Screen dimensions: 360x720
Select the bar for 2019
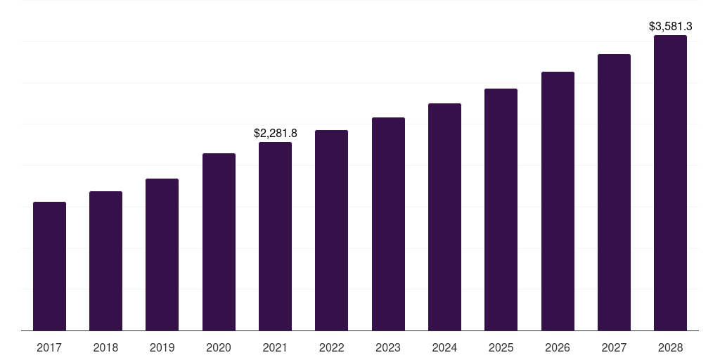pos(162,255)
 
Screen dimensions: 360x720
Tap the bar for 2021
pos(275,236)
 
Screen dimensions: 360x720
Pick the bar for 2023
pos(388,224)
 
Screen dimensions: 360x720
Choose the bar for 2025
pos(501,210)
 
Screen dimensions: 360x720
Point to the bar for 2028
pos(670,183)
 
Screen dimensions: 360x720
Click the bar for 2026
pos(558,201)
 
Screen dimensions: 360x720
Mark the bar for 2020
pos(219,242)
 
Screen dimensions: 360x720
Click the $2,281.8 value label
pos(275,133)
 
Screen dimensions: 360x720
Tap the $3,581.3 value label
pos(670,27)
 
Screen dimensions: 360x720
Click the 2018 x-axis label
pos(105,347)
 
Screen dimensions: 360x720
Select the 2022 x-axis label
pos(331,347)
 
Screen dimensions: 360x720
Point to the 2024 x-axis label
pos(444,347)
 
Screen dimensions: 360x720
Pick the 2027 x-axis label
pos(614,347)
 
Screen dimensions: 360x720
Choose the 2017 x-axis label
pos(49,347)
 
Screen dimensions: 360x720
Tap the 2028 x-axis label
pos(670,347)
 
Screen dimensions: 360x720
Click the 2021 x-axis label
pos(275,347)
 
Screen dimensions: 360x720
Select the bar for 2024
pos(444,217)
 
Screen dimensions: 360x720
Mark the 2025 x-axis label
pos(501,347)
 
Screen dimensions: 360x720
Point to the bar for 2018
pos(105,261)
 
